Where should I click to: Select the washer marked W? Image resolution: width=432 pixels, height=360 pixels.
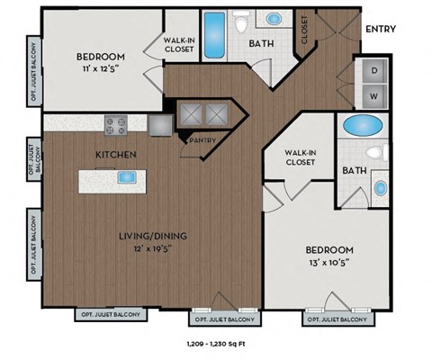pos(372,94)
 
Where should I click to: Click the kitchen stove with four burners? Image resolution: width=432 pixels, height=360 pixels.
pos(118,124)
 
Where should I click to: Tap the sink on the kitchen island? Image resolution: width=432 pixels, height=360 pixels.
pos(126,177)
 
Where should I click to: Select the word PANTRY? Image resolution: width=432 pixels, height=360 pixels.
pos(200,140)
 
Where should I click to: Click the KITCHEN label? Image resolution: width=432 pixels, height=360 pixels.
pos(116,156)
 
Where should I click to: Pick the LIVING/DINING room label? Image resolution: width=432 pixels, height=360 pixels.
pos(154,237)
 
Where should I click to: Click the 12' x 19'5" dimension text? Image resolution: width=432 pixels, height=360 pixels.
pos(154,249)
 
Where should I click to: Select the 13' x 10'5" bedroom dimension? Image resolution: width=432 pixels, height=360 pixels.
pos(327,262)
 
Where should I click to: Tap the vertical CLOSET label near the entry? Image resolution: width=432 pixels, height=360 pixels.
pos(303,30)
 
